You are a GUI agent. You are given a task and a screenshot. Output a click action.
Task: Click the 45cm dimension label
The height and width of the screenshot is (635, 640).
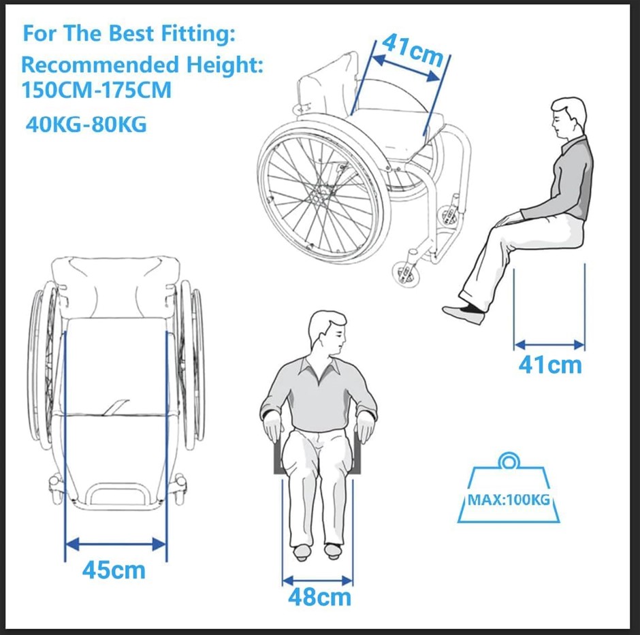pos(114,570)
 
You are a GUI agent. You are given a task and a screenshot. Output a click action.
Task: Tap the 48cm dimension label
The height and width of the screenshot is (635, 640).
pos(319,598)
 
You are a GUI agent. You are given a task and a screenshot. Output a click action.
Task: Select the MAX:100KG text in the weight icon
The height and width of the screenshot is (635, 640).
pos(509,500)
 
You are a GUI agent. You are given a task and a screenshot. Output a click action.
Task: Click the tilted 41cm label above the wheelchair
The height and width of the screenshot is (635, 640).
pos(413,50)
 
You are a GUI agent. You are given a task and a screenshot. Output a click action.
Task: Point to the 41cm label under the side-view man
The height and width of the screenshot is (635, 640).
pos(550,364)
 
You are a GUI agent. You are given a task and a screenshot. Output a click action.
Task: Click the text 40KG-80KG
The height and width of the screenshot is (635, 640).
pos(86,124)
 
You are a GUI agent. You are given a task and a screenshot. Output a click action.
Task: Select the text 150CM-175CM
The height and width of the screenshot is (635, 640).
pos(96,90)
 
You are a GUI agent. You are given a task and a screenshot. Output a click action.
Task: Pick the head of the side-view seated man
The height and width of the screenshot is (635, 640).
pos(568,118)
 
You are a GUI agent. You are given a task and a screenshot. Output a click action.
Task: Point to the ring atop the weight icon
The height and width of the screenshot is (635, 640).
pos(508,461)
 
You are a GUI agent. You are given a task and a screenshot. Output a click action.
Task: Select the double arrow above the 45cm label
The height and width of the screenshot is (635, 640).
pos(116,544)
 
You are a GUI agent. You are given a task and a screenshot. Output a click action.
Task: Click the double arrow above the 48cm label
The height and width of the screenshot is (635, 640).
pos(317,581)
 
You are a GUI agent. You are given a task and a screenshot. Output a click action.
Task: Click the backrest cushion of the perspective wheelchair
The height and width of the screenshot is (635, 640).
pos(329,86)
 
